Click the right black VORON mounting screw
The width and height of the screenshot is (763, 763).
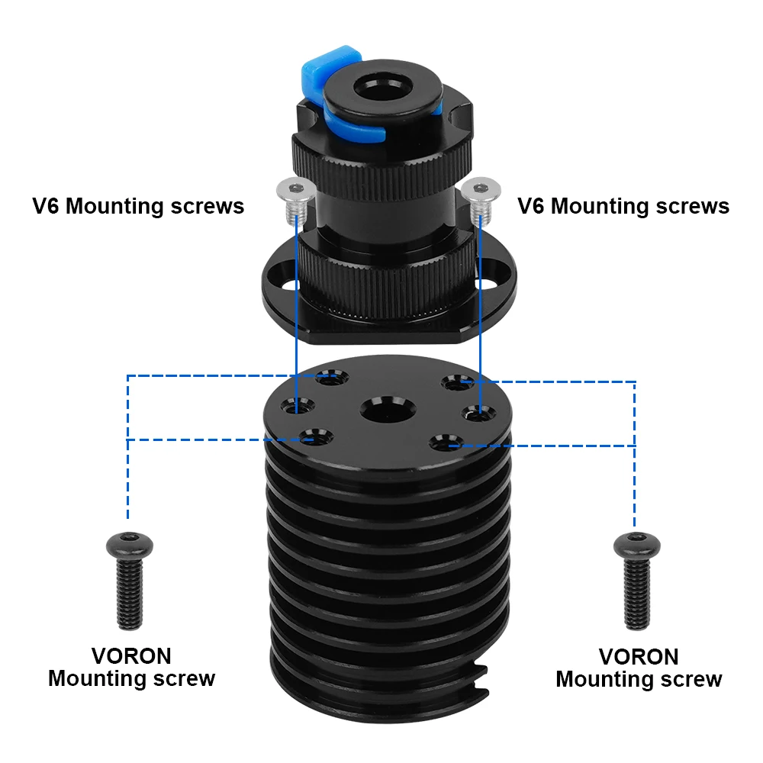pos(635,581)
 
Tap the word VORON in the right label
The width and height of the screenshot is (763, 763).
pos(638,657)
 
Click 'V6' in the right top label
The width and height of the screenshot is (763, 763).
pos(532,206)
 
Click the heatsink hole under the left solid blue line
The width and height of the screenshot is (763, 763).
pos(298,409)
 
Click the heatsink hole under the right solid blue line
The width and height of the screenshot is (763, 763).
pos(478,414)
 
